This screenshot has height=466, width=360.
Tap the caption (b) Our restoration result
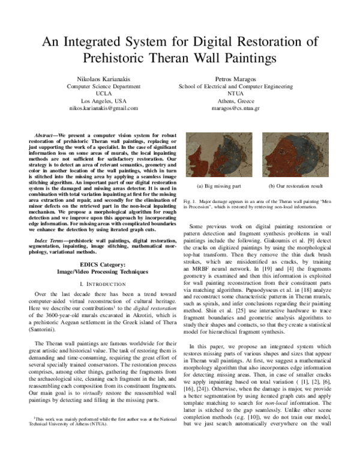[295, 187]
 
